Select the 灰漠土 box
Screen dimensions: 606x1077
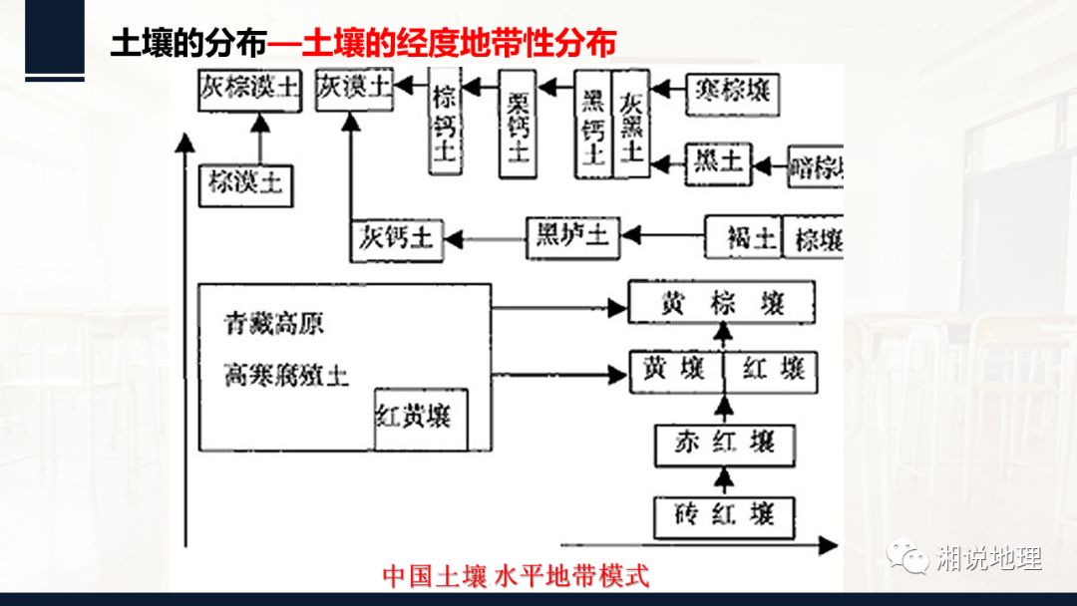tap(353, 89)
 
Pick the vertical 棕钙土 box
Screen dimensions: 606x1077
tap(445, 126)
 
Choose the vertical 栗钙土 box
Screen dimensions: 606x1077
tap(517, 127)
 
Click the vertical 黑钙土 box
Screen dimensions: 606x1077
tap(593, 125)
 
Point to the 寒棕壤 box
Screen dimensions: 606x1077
tap(732, 93)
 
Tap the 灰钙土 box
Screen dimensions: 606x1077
tap(396, 238)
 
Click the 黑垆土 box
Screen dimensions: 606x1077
tap(572, 237)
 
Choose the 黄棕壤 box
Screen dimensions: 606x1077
tap(722, 302)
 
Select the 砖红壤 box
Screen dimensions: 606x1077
tap(725, 516)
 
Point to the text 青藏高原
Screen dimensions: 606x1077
tap(274, 326)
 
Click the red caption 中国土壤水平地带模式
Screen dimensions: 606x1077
tap(516, 576)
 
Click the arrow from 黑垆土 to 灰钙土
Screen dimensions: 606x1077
tap(485, 238)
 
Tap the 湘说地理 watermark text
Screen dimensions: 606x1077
tap(990, 559)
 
